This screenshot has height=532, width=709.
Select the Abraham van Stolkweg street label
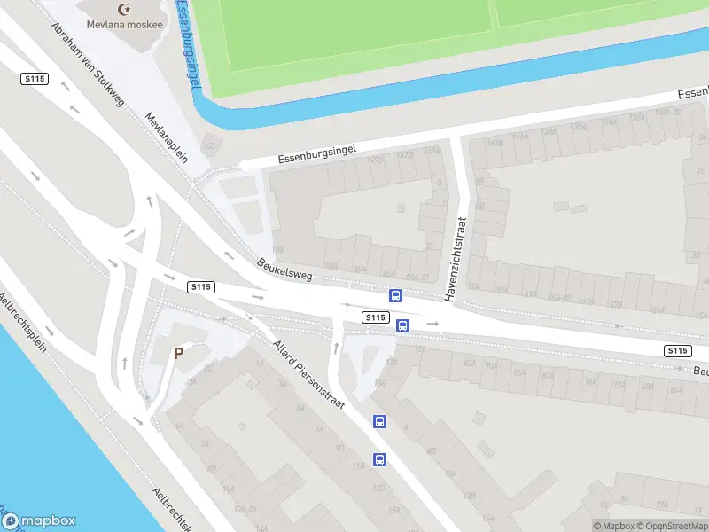point(88,64)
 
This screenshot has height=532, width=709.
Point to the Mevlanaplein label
point(168,138)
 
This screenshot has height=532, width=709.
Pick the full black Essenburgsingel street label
point(316,153)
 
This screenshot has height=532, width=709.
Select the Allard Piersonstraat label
point(308,372)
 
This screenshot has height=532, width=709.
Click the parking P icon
point(178,353)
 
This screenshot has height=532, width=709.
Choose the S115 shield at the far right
point(678,351)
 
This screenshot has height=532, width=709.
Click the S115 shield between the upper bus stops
point(375,317)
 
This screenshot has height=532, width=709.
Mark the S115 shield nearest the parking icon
point(201,286)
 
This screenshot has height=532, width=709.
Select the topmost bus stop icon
point(395,296)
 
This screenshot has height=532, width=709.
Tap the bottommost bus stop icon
point(379,459)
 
